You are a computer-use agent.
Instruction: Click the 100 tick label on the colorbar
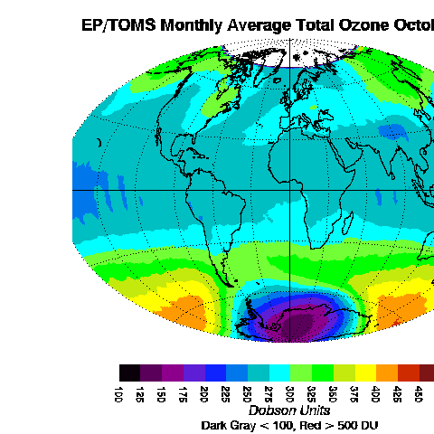[x=119, y=393]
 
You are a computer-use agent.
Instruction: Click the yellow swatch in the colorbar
[x=365, y=373]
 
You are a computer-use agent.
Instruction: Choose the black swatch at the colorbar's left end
[x=129, y=373]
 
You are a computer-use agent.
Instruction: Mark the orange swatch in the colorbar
[x=387, y=373]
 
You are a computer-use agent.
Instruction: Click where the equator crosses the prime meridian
[x=289, y=191]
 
